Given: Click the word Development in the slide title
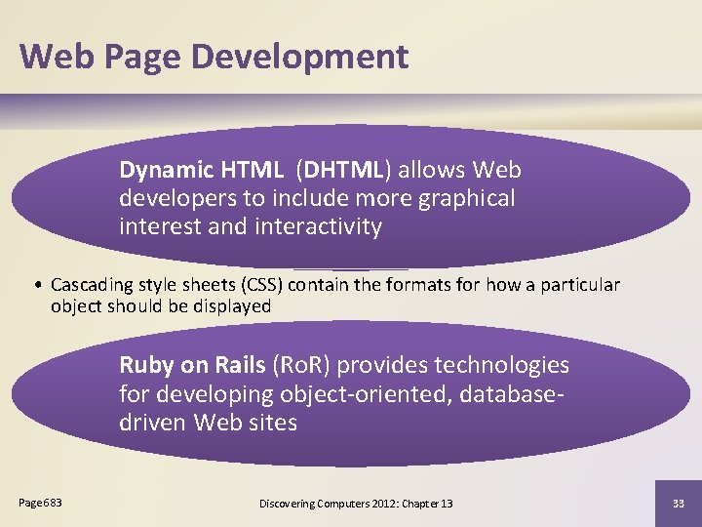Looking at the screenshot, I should (x=300, y=57).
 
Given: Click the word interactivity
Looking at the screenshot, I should (x=318, y=226).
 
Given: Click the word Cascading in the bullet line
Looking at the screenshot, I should (x=93, y=285).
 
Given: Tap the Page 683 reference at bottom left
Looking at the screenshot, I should (x=40, y=502).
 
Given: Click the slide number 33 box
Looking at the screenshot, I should (x=678, y=503).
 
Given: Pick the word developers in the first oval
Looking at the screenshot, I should (x=177, y=198).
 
